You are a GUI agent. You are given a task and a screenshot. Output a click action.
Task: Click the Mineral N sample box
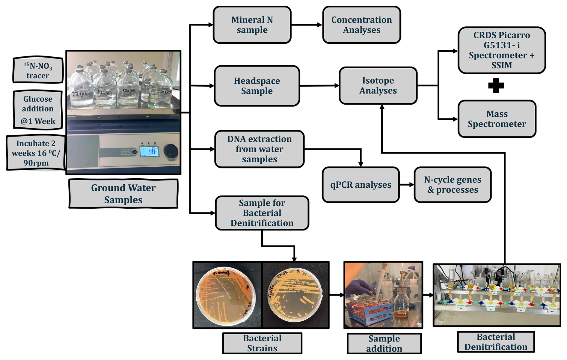click(x=252, y=25)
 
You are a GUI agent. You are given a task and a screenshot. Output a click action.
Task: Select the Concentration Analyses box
click(x=361, y=25)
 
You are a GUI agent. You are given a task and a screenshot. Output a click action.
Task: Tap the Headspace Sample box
click(x=257, y=86)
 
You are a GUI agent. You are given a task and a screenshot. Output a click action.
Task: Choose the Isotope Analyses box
click(x=378, y=85)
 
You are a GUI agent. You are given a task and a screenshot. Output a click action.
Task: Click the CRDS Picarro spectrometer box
click(x=501, y=50)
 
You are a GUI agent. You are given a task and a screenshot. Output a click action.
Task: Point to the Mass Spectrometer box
click(x=497, y=119)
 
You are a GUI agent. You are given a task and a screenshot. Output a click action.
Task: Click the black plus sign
click(x=496, y=85)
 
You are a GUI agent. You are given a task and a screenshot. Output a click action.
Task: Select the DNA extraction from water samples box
click(x=260, y=149)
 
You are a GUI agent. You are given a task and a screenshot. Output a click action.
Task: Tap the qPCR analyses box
click(x=361, y=185)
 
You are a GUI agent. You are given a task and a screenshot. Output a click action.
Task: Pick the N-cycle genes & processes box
click(x=453, y=185)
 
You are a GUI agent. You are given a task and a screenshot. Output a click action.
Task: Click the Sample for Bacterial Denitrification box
click(x=262, y=213)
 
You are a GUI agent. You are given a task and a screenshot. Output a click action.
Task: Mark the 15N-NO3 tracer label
click(x=38, y=70)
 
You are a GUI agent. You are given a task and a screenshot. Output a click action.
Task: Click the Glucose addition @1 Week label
click(x=38, y=110)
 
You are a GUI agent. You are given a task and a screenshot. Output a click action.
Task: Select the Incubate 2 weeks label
click(x=36, y=153)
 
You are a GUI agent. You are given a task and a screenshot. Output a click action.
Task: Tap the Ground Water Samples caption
click(x=123, y=194)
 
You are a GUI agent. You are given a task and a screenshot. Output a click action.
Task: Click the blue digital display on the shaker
click(x=151, y=151)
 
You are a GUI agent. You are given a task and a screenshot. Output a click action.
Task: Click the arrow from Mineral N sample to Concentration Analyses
click(x=307, y=25)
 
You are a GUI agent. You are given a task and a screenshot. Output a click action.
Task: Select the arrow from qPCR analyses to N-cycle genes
click(x=407, y=185)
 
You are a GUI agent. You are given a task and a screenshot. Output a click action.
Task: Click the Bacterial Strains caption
click(x=262, y=343)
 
